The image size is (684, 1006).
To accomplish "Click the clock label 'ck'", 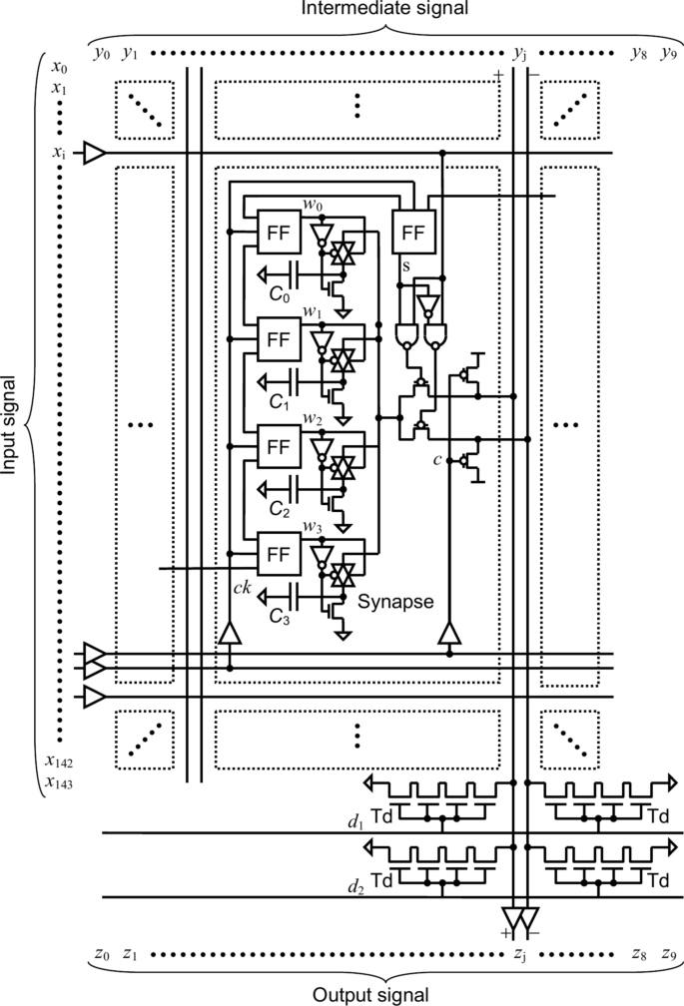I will click(241, 587).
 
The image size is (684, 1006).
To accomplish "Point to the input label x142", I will click(59, 761).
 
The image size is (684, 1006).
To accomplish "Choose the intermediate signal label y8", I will click(637, 53).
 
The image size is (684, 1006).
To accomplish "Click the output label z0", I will click(98, 953).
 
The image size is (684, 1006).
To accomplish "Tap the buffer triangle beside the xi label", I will click(94, 154).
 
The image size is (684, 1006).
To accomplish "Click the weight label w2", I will click(312, 418).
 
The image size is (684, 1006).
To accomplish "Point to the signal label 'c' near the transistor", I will click(438, 459).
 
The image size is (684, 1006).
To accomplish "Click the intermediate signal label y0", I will click(99, 53).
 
